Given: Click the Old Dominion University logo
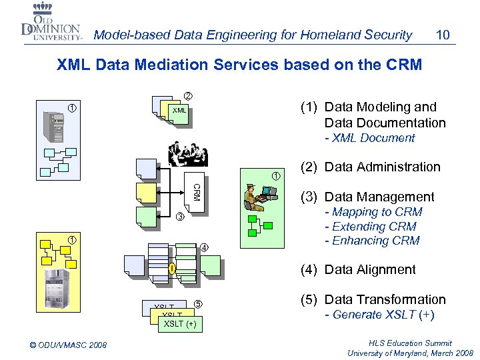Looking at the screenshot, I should click(51, 24).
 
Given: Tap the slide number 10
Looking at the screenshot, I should click(441, 34).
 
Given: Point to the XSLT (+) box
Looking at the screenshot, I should click(180, 325).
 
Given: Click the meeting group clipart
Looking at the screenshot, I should click(188, 153).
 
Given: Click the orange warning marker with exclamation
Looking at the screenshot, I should click(171, 269).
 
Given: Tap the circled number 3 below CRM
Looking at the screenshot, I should click(179, 217).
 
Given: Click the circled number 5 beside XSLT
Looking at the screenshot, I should click(198, 305).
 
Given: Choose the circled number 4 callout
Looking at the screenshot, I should click(205, 249).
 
